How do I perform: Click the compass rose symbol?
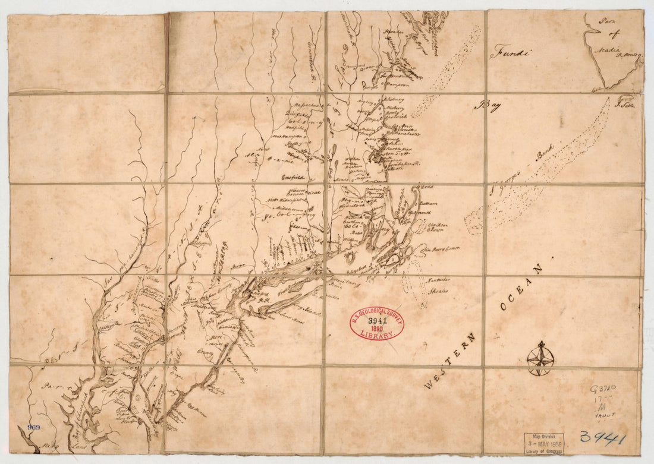coord(540,358)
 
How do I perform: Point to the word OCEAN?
coord(521,288)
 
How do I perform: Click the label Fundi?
coord(510,53)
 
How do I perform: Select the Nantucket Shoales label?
coord(436,286)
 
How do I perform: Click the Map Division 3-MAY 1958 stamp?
coord(544,443)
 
